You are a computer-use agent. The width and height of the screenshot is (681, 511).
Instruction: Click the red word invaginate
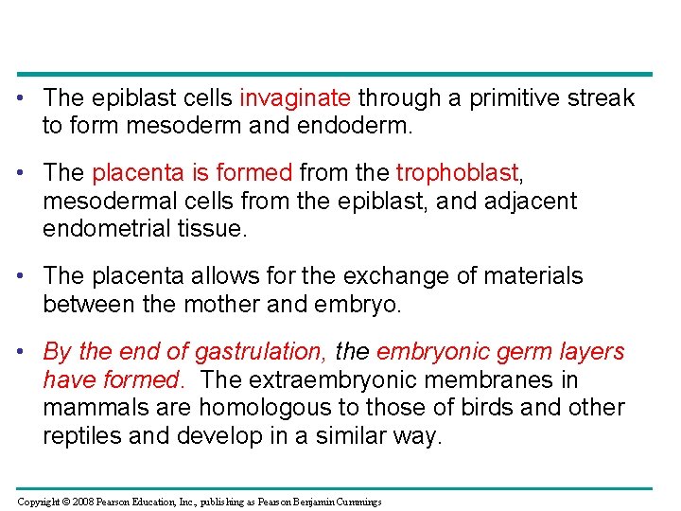[x=296, y=97]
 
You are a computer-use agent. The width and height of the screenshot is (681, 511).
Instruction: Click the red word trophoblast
[x=458, y=172]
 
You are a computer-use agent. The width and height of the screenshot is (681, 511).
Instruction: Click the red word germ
[x=512, y=351]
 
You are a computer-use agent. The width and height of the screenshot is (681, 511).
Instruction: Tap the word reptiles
[x=82, y=436]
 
